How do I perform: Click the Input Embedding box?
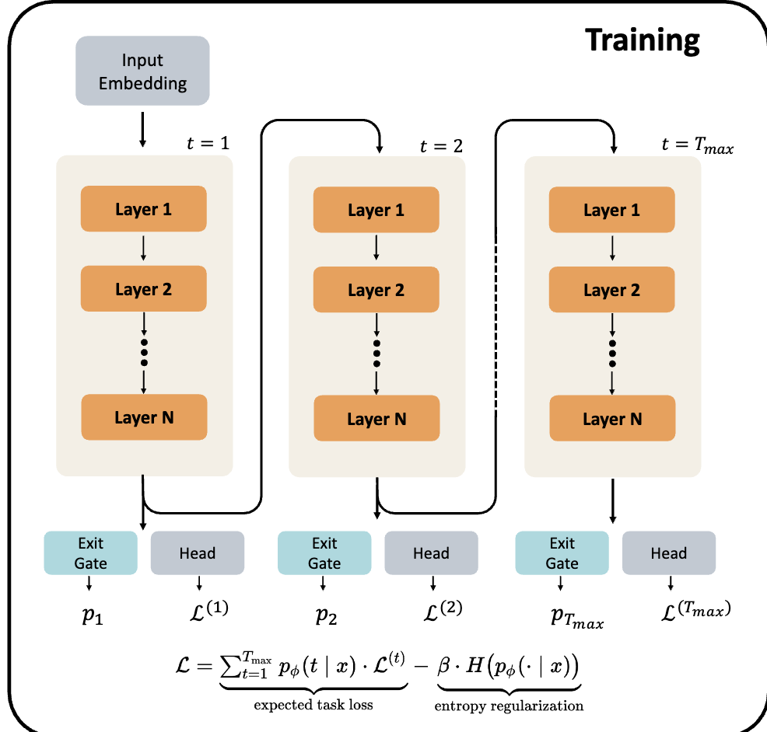142,71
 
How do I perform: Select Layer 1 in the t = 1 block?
143,209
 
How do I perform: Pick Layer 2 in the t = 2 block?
376,290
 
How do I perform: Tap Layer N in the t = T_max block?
612,420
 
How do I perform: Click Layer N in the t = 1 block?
144,417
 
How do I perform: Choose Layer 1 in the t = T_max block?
612,211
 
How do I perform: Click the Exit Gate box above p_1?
91,552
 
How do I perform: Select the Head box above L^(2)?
431,553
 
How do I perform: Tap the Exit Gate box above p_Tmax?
562,552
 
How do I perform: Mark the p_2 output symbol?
326,615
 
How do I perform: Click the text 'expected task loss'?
313,705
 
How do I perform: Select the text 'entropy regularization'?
509,705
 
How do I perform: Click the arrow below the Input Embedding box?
142,129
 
